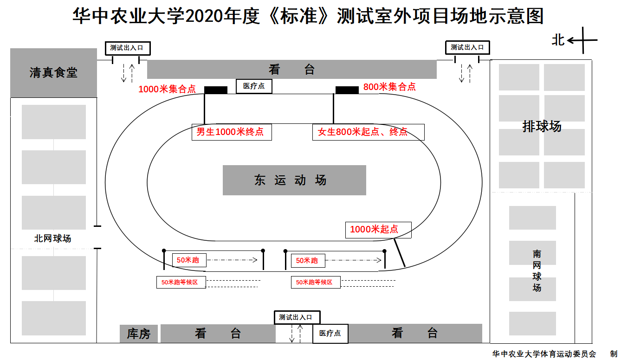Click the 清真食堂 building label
pos(53,72)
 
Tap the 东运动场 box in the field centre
pos(294,180)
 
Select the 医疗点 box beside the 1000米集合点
pos(254,86)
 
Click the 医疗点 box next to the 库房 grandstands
pos(330,333)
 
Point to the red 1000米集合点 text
pos(167,89)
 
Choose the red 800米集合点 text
pos(389,87)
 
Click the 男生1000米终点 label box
pos(231,132)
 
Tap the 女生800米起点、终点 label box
pos(368,132)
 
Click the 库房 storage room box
pos(139,334)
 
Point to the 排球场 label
pos(542,126)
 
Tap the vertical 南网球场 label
pos(537,270)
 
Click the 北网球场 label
pos(52,238)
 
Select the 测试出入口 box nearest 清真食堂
pos(128,48)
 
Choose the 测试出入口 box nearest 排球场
pos(467,47)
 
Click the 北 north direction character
pos(558,40)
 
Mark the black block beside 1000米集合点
pos(216,90)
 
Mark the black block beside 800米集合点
pos(347,90)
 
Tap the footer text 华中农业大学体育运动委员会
pos(543,354)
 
